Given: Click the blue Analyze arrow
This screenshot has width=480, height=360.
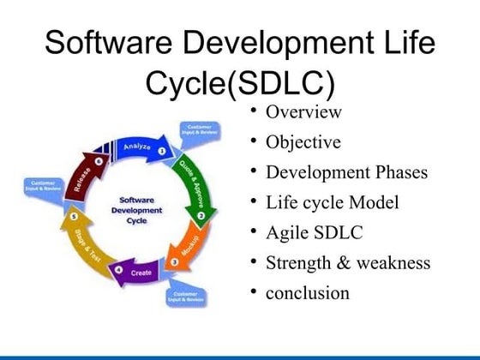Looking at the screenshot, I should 137,147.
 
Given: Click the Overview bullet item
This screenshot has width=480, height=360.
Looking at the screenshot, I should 303,112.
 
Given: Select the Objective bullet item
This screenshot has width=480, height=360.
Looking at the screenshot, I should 303,142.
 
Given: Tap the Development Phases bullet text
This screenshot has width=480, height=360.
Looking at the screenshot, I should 345,172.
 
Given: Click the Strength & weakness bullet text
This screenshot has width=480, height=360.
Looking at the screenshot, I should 347,262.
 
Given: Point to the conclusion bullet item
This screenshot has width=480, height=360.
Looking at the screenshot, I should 308,293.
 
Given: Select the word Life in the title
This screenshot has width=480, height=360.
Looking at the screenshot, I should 405,43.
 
